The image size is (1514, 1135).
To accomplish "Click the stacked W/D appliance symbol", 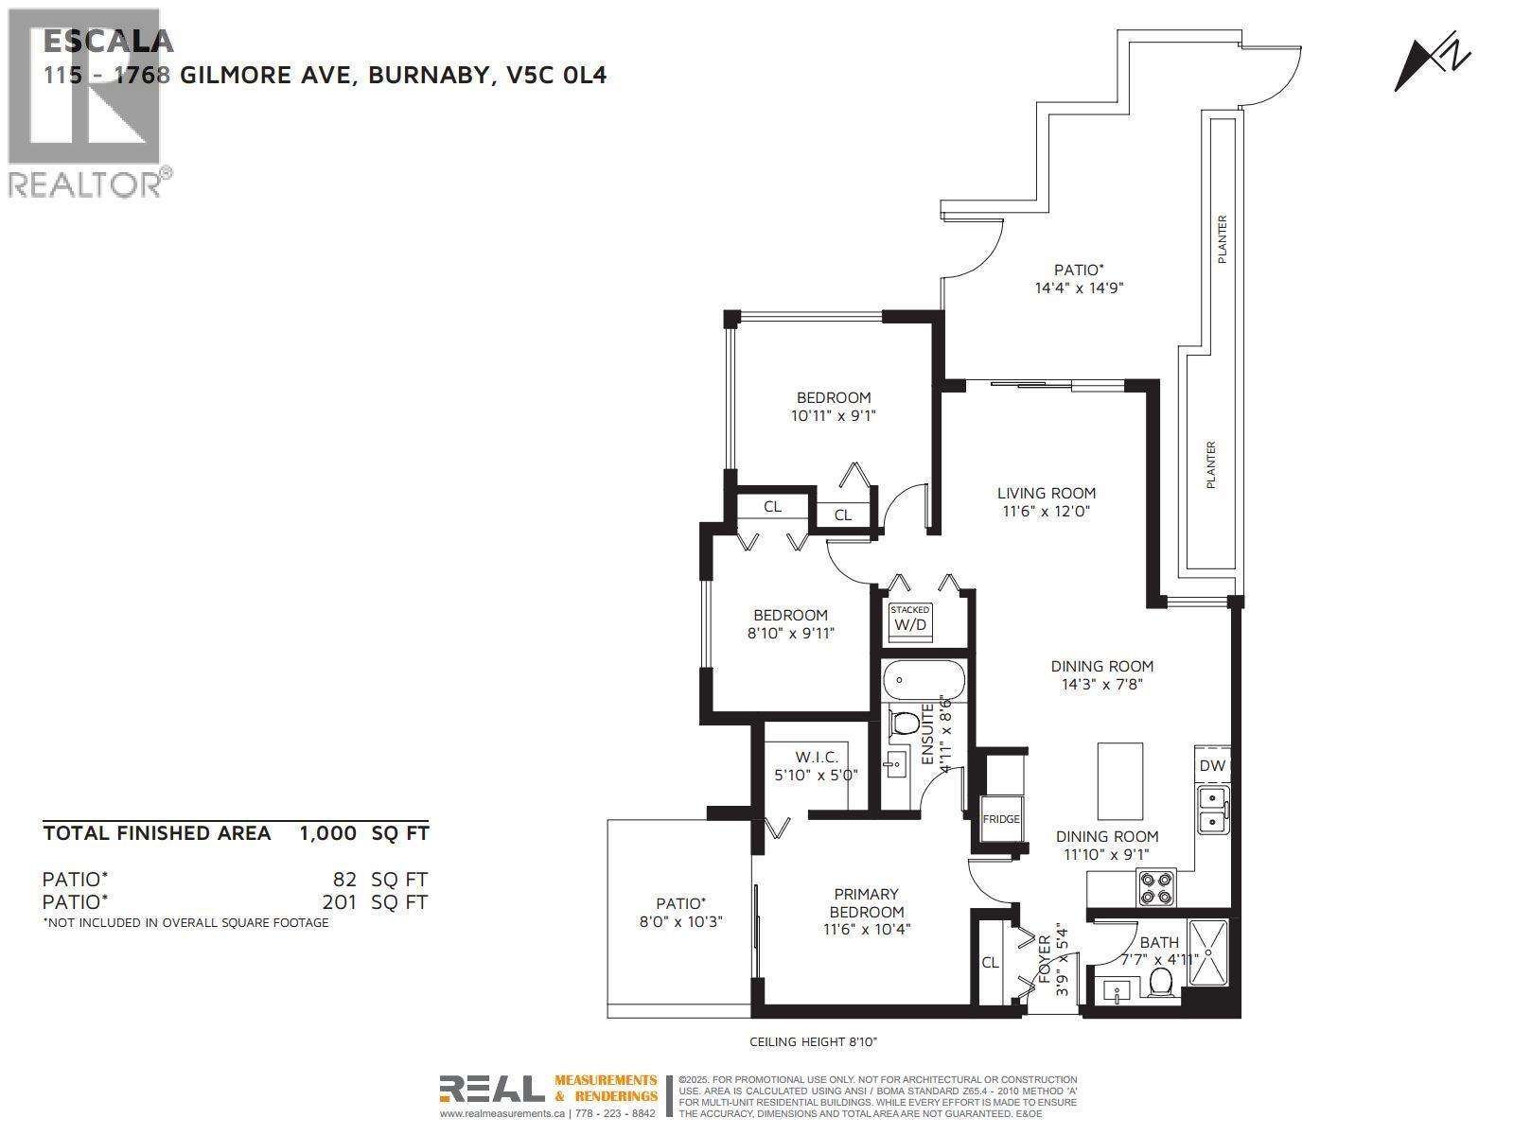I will pyautogui.click(x=910, y=621).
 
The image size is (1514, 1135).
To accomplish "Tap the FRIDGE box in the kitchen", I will pyautogui.click(x=1001, y=819).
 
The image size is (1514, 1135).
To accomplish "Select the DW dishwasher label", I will pyautogui.click(x=1212, y=766).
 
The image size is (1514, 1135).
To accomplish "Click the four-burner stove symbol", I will pyautogui.click(x=1156, y=887).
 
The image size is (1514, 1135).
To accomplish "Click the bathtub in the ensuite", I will pyautogui.click(x=923, y=680).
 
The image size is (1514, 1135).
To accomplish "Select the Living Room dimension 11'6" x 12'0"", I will pyautogui.click(x=1047, y=512).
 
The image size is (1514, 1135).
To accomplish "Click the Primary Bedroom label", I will pyautogui.click(x=867, y=902).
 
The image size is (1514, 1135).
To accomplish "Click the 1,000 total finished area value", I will pyautogui.click(x=327, y=833).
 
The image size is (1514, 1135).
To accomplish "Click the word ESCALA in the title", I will pyautogui.click(x=109, y=42).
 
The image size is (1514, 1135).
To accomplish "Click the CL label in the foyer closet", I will pyautogui.click(x=990, y=963).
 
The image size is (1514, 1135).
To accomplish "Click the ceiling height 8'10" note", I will pyautogui.click(x=814, y=1041).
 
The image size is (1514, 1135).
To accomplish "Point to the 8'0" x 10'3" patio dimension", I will pyautogui.click(x=677, y=921).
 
